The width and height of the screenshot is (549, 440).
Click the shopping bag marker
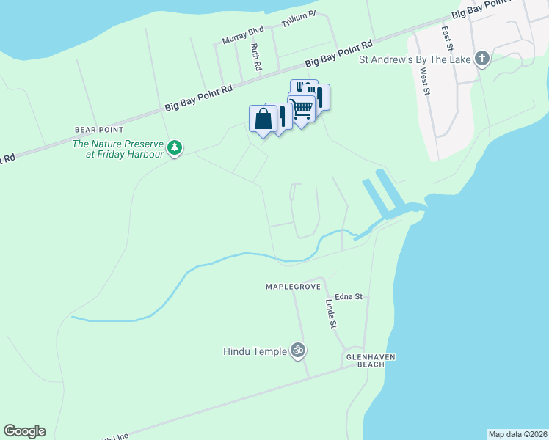click(263, 119)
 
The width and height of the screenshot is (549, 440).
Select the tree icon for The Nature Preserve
click(175, 148)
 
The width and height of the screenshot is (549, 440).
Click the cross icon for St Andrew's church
click(482, 59)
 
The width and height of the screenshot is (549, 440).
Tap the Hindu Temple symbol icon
click(297, 351)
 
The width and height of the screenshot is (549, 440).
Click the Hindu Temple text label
click(255, 352)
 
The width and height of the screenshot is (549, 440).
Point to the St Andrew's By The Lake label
click(415, 59)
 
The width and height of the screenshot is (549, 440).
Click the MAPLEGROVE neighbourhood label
click(290, 285)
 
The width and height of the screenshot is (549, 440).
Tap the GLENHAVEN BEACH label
click(371, 361)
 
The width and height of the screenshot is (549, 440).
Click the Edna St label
click(349, 297)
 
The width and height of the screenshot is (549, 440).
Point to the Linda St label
click(332, 315)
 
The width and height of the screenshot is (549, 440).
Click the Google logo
click(24, 431)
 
